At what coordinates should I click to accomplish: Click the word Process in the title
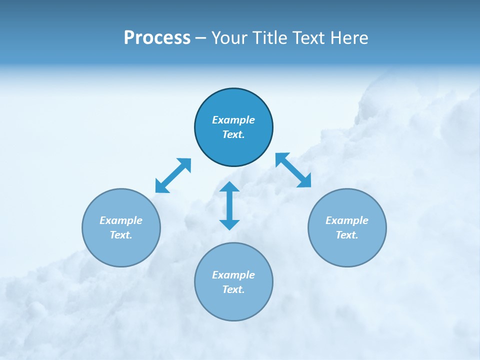coord(157,38)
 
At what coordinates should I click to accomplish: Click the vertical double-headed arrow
coord(229,205)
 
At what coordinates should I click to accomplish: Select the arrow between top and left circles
coord(173,175)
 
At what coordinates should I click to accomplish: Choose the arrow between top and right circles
coord(293,170)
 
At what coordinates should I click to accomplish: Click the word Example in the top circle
coord(233,120)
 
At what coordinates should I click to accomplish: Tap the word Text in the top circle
coord(233,134)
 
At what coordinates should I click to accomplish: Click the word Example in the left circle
coord(121,220)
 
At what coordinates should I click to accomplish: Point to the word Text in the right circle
coord(346,235)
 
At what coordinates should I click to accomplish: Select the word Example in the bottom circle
coord(233,275)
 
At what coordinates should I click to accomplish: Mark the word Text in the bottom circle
coord(233,289)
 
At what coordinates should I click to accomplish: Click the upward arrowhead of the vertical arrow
coord(229,187)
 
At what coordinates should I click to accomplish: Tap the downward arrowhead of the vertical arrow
coord(229,224)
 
